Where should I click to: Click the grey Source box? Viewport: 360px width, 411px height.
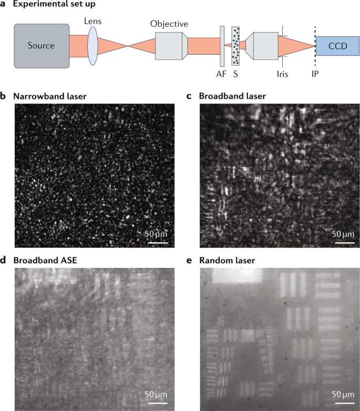tap(42, 46)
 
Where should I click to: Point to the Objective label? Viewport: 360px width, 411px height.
tap(169, 24)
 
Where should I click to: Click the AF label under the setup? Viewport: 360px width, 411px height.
tap(222, 74)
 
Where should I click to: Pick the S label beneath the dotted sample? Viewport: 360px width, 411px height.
tap(235, 74)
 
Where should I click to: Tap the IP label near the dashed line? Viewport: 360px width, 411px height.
tap(315, 74)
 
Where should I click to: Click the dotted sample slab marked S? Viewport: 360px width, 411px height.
tap(235, 46)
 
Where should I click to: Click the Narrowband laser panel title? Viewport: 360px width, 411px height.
tap(50, 96)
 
